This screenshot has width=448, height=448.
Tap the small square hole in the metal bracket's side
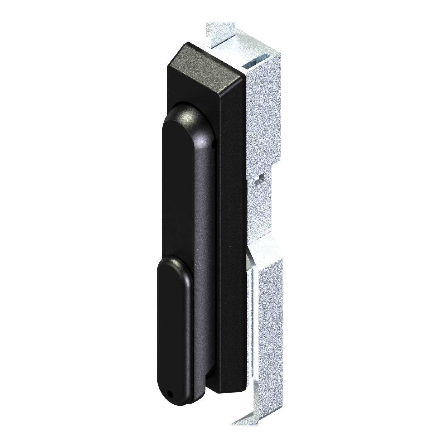(262, 176)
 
